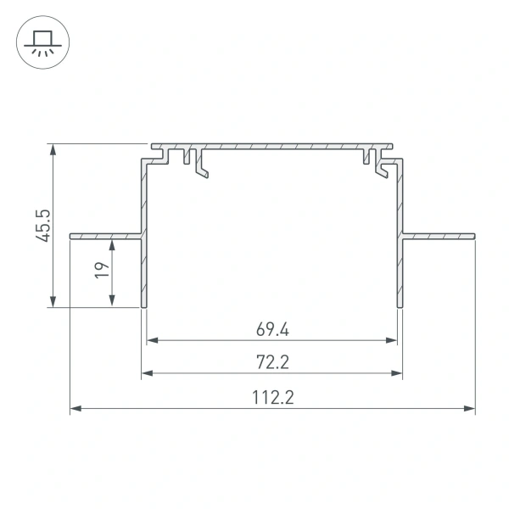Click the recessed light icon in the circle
click(x=40, y=40)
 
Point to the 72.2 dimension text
click(x=272, y=362)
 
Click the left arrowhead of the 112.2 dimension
click(x=75, y=409)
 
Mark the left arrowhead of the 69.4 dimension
click(x=153, y=340)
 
